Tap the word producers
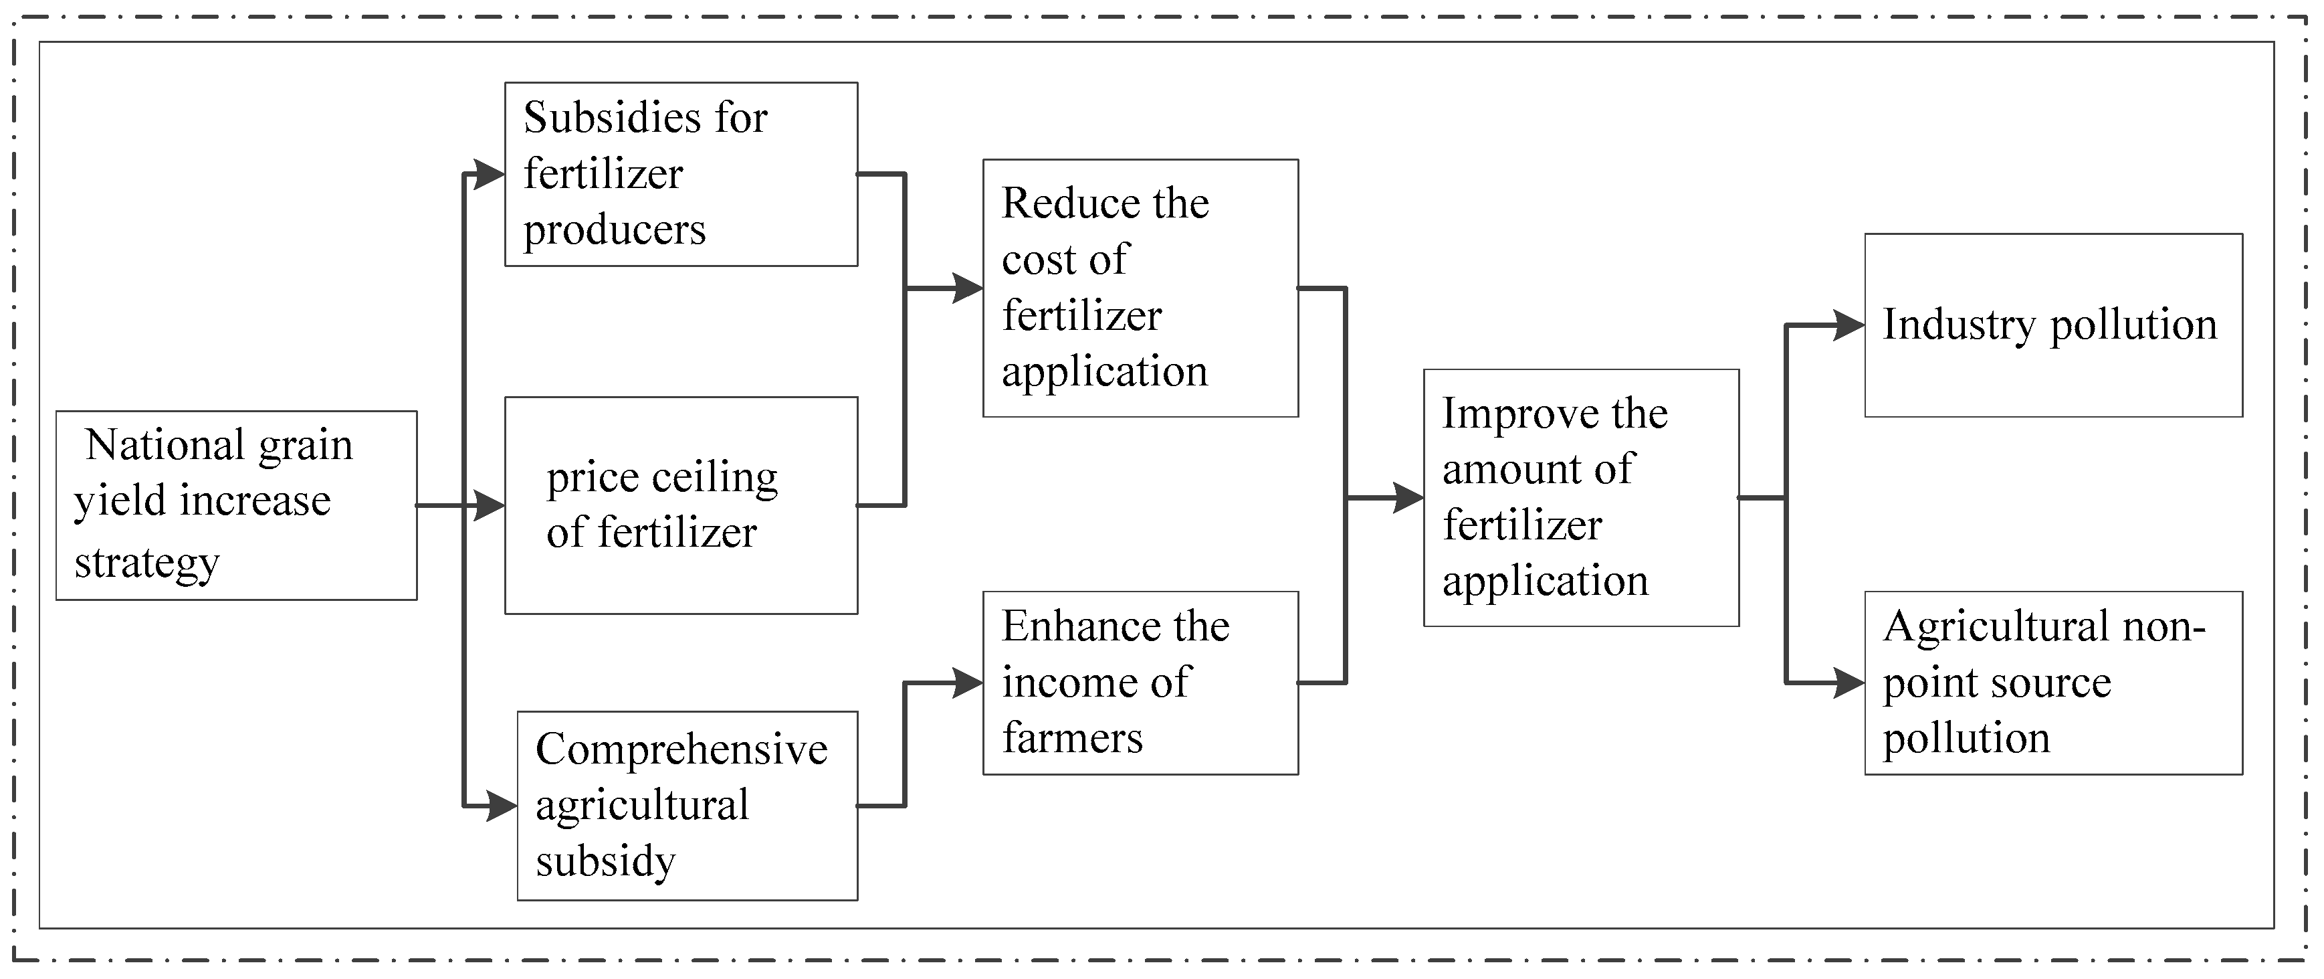[x=615, y=231]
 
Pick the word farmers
[x=1072, y=738]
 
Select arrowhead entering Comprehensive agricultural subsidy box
[x=501, y=805]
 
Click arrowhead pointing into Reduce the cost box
[x=967, y=288]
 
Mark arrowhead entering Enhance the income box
[x=967, y=683]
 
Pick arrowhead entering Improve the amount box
[x=1408, y=497]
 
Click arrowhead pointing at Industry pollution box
[x=1849, y=326]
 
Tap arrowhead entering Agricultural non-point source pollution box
[x=1849, y=683]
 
